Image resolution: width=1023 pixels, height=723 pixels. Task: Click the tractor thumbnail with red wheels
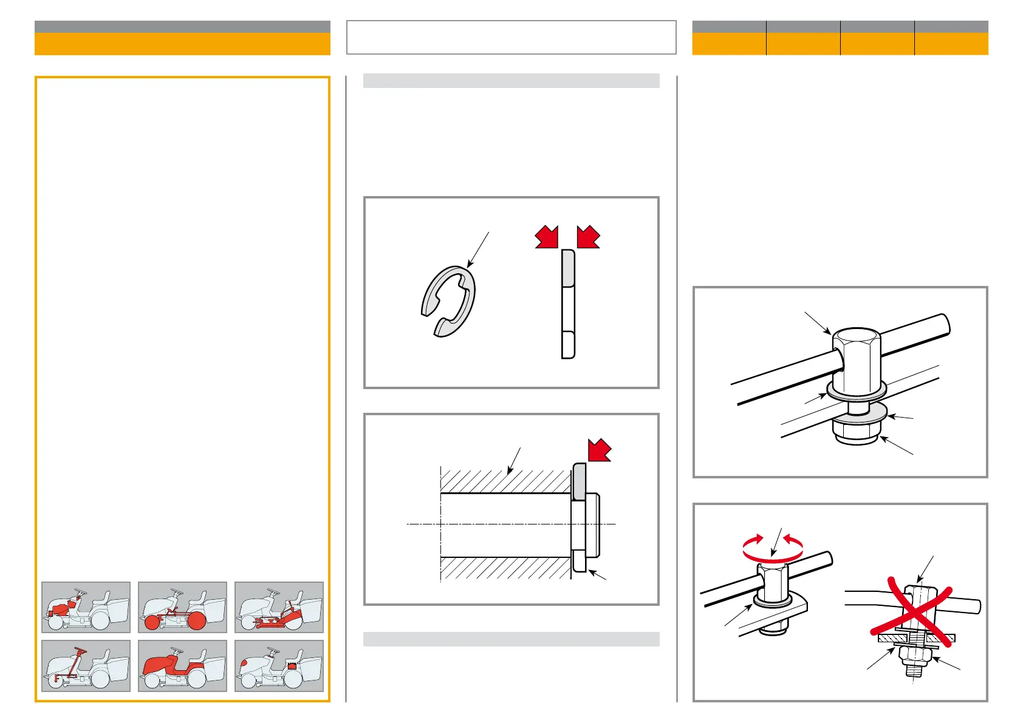(182, 607)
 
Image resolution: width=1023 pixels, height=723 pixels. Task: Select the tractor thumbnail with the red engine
(86, 607)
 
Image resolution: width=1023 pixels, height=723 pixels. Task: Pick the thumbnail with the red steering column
(86, 665)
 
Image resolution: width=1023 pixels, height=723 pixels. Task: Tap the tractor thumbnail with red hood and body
(182, 665)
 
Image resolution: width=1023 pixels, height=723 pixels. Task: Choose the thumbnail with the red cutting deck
(279, 607)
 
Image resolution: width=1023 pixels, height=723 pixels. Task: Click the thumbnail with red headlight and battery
(279, 665)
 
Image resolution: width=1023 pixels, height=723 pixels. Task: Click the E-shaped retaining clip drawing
(449, 301)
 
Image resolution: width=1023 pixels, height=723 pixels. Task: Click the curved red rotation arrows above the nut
(773, 546)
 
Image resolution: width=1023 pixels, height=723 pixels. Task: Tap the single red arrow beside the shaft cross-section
(599, 450)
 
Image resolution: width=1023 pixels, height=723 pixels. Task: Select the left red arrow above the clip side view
(547, 236)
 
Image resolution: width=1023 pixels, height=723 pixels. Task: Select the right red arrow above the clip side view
(588, 236)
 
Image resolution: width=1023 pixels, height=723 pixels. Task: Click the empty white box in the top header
(511, 37)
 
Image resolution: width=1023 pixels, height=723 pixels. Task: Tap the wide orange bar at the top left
(182, 44)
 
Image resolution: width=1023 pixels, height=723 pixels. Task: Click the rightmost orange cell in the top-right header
(951, 44)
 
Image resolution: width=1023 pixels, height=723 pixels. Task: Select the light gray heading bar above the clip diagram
(511, 81)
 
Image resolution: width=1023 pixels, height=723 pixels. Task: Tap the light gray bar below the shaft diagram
(511, 639)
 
